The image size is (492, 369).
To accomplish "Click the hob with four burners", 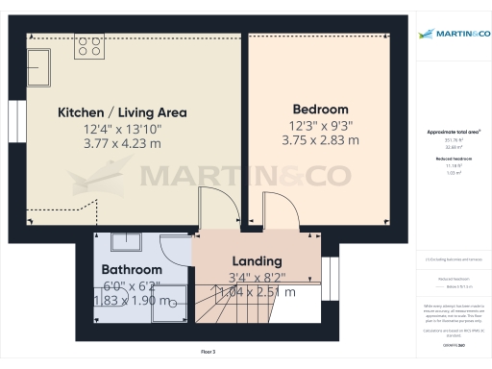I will [x=90, y=47].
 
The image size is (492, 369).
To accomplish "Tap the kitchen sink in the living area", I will [x=40, y=66].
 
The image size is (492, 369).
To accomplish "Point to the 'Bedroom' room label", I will [x=321, y=109].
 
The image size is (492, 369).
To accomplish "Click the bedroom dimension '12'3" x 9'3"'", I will [x=321, y=125].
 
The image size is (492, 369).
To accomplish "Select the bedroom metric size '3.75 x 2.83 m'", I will [x=321, y=140].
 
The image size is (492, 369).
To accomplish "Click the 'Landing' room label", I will [x=257, y=260].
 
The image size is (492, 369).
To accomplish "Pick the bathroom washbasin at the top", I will [x=125, y=242].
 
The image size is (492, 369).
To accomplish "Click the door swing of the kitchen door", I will [x=213, y=209].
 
